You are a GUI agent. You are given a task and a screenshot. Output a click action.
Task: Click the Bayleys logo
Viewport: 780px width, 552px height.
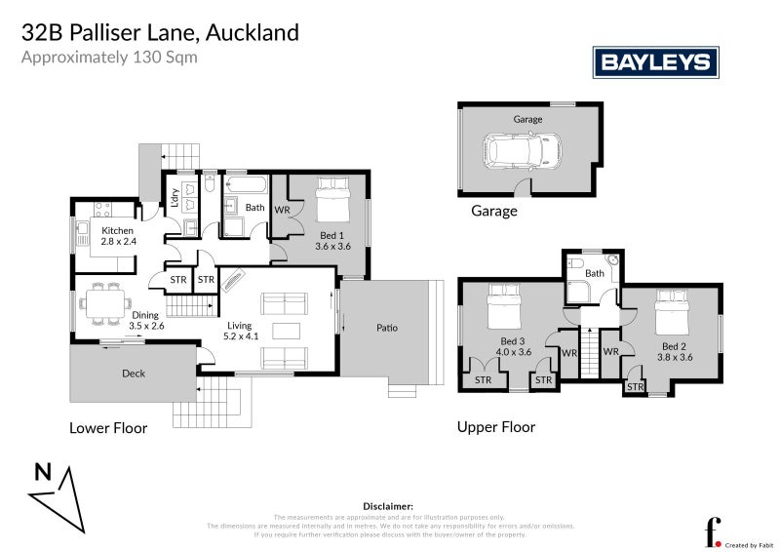pyautogui.click(x=656, y=62)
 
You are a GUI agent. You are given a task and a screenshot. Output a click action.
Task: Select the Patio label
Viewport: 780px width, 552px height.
pyautogui.click(x=387, y=328)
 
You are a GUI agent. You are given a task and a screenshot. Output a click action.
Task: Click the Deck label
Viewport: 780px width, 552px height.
pyautogui.click(x=134, y=374)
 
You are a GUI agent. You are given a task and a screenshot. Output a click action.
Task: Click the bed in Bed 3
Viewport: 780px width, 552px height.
pyautogui.click(x=506, y=307)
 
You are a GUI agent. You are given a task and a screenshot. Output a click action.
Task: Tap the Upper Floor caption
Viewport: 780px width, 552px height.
pyautogui.click(x=496, y=427)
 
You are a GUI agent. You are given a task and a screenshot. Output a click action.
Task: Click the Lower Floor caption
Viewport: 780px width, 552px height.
pyautogui.click(x=108, y=428)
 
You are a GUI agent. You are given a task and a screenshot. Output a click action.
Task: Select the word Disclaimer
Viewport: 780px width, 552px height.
pyautogui.click(x=389, y=506)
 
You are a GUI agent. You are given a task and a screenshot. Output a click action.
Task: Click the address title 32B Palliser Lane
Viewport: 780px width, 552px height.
pyautogui.click(x=161, y=32)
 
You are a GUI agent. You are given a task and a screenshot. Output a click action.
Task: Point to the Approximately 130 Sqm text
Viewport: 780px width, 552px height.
pyautogui.click(x=109, y=57)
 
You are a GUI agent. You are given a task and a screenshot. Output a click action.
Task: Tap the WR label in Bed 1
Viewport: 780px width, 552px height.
pyautogui.click(x=283, y=210)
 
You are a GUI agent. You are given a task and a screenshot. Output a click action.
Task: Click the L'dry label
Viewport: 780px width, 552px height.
pyautogui.click(x=175, y=198)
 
